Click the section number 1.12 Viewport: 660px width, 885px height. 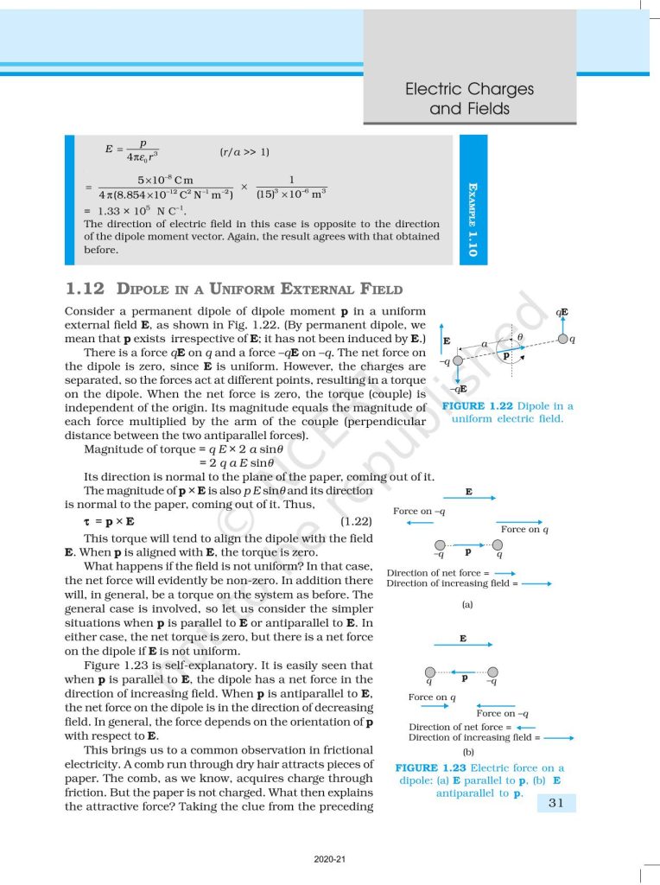pos(85,289)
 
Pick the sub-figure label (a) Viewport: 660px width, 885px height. pos(467,605)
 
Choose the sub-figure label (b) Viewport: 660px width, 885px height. pos(468,751)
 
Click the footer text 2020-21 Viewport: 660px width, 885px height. pos(329,859)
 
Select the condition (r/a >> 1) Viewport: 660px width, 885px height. pos(245,152)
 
